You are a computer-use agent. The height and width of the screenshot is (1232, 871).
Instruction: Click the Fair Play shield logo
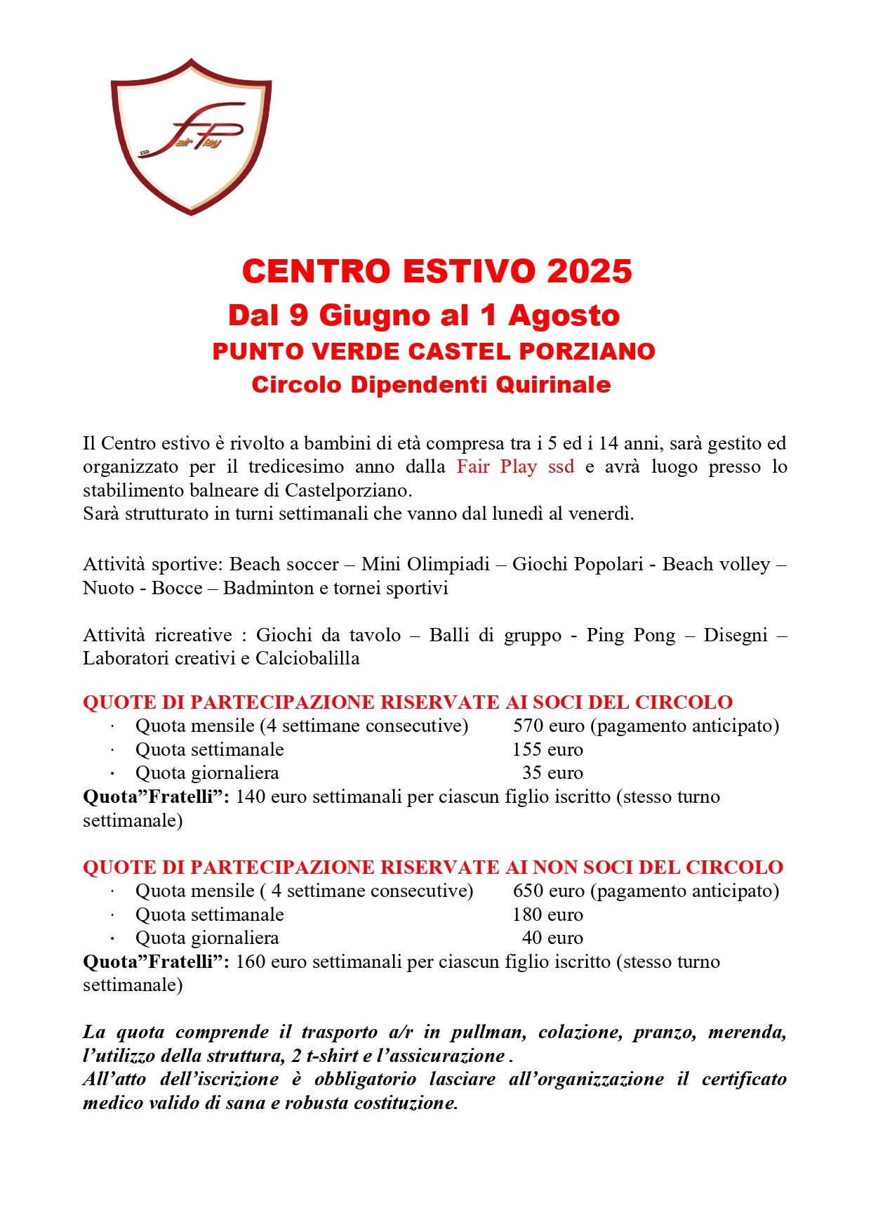(191, 137)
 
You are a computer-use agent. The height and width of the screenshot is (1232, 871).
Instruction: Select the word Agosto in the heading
(564, 315)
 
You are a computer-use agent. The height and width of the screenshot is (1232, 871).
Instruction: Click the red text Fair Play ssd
(515, 467)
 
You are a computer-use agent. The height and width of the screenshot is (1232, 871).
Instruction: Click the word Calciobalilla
(307, 659)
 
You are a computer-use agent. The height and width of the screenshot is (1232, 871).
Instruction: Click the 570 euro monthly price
(547, 726)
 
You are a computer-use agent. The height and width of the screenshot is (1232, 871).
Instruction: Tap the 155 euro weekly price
(547, 750)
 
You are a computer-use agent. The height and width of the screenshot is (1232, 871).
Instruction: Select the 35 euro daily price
(552, 773)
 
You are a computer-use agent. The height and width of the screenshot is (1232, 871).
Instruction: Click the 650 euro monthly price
(547, 891)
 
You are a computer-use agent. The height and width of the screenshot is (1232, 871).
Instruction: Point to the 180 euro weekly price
(547, 915)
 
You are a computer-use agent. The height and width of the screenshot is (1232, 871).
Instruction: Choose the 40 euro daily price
(552, 938)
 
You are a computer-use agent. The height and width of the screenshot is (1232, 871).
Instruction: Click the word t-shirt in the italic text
(333, 1056)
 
